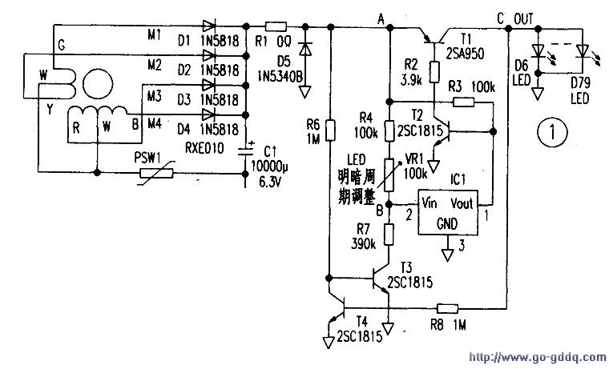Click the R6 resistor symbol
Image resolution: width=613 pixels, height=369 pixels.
[329, 127]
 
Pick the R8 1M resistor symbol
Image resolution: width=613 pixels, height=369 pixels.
[446, 307]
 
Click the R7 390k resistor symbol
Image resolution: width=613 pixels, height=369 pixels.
[389, 235]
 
